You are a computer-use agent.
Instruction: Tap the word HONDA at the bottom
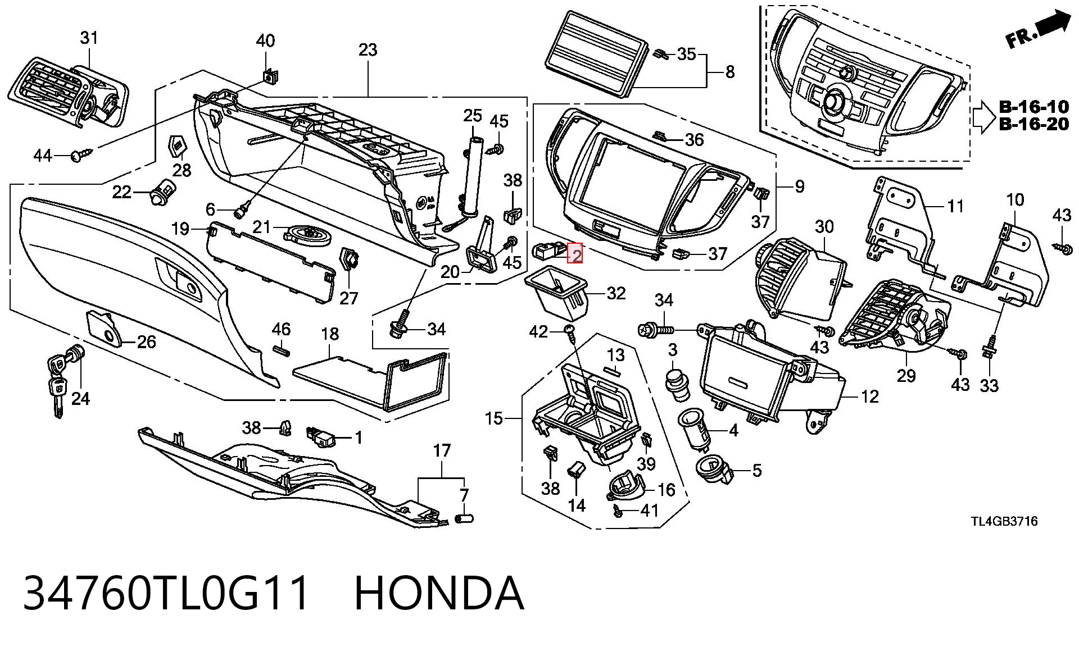point(439,593)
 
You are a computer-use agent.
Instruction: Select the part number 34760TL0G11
point(166,593)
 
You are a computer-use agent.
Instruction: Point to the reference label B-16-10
point(1033,106)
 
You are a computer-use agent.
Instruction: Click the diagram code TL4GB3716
point(1004,521)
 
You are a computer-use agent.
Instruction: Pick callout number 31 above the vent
point(89,38)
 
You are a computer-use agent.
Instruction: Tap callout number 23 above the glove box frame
point(368,50)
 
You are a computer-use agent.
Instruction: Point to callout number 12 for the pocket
point(870,397)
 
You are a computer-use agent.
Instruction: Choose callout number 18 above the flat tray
point(330,334)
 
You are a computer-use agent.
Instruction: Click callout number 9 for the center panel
point(800,186)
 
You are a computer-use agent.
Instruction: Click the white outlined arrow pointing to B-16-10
point(983,116)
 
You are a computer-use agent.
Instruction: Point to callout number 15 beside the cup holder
point(494,419)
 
